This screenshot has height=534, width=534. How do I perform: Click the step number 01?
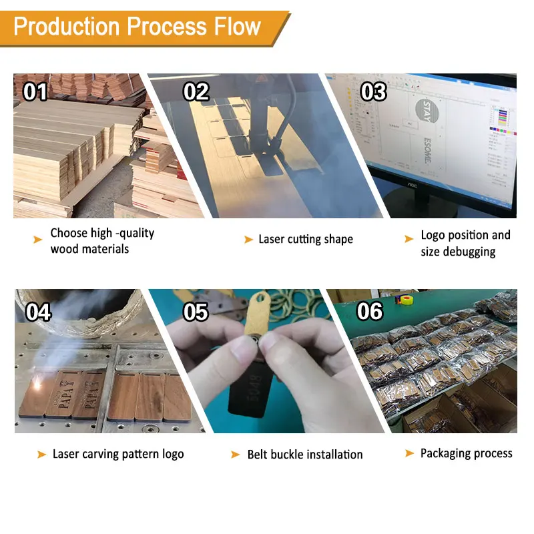pyautogui.click(x=35, y=91)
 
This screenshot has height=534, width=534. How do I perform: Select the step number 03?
pyautogui.click(x=373, y=91)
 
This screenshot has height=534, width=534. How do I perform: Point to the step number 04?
pyautogui.click(x=38, y=311)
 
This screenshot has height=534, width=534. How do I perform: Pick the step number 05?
pyautogui.click(x=196, y=311)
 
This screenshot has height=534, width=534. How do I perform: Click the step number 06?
pyautogui.click(x=370, y=311)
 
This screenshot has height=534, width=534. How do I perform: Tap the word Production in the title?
pyautogui.click(x=67, y=27)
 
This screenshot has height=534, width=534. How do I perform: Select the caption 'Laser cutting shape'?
pyautogui.click(x=306, y=239)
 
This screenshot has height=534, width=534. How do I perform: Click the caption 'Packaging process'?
pyautogui.click(x=466, y=453)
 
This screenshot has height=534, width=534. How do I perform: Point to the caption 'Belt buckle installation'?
pyautogui.click(x=305, y=455)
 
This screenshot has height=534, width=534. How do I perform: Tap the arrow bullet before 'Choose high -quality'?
pyautogui.click(x=38, y=239)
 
